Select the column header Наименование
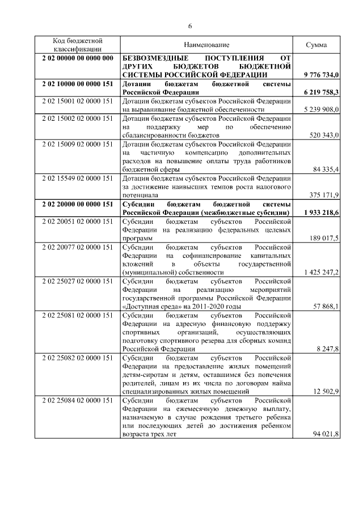click(206, 45)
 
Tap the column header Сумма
click(316, 45)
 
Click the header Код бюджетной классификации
click(77, 45)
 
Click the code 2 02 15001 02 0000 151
click(77, 101)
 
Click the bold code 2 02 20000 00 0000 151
click(77, 204)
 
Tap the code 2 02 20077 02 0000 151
click(77, 247)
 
